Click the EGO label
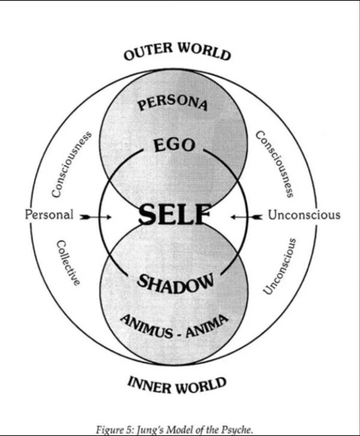(x=174, y=145)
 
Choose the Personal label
(x=49, y=214)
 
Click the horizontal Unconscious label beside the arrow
(x=304, y=215)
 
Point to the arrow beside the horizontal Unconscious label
(x=247, y=217)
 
